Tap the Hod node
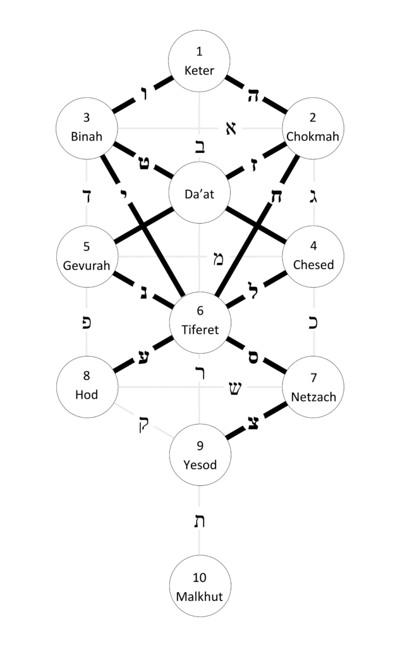click(x=87, y=387)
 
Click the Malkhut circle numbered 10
click(x=200, y=586)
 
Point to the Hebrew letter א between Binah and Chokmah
click(x=231, y=128)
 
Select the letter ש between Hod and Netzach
click(x=233, y=387)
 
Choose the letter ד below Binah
click(x=87, y=195)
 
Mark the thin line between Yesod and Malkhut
click(x=200, y=499)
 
